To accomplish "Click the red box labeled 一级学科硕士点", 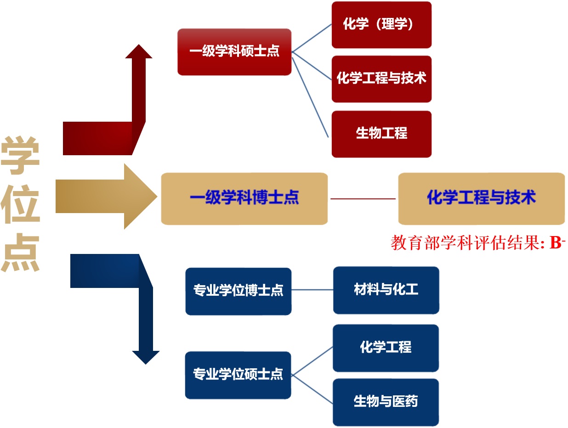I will click(x=234, y=51).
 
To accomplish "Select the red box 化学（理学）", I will click(x=381, y=25).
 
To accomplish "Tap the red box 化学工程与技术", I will click(x=381, y=79).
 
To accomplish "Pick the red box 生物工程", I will click(x=381, y=134).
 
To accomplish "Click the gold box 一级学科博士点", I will click(x=244, y=198).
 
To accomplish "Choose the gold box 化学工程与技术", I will click(x=481, y=198).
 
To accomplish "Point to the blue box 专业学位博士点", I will click(x=238, y=291).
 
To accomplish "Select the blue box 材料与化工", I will click(x=386, y=290).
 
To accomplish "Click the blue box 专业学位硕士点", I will click(x=238, y=375).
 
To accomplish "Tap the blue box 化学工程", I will click(x=386, y=348).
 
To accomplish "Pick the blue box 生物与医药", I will click(x=386, y=402).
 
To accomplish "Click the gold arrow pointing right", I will click(x=106, y=197).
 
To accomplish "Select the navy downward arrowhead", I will click(x=146, y=357).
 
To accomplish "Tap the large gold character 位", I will click(x=20, y=204).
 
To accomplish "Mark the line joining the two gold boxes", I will click(x=363, y=199).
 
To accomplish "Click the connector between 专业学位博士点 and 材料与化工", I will click(x=312, y=290).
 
